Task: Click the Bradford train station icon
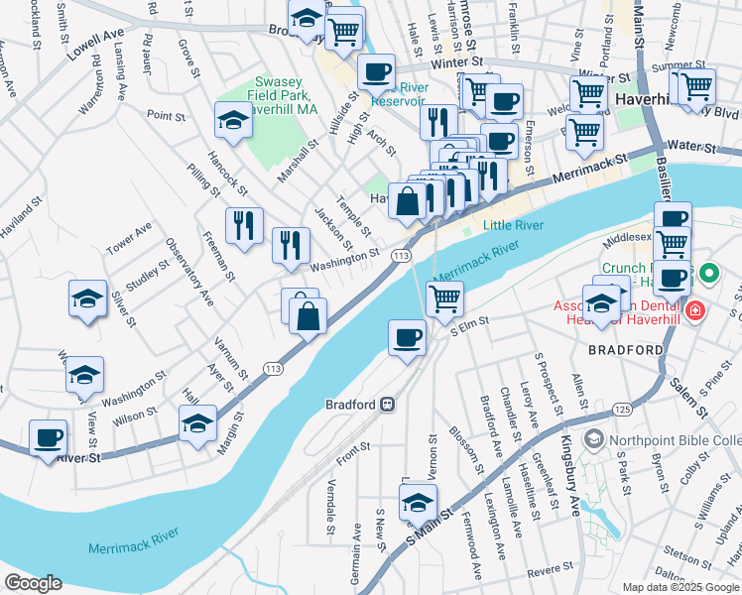pos(388,405)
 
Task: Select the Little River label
pos(513,225)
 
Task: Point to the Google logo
pos(33,583)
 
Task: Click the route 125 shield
pos(622,409)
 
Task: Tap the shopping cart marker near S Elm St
pos(444,297)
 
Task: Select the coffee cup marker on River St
pos(48,437)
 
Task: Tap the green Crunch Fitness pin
pos(708,271)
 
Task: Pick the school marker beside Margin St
pos(197,423)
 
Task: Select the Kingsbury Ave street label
pos(571,477)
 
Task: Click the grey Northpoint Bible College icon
pos(594,438)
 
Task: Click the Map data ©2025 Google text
pos(680,587)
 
